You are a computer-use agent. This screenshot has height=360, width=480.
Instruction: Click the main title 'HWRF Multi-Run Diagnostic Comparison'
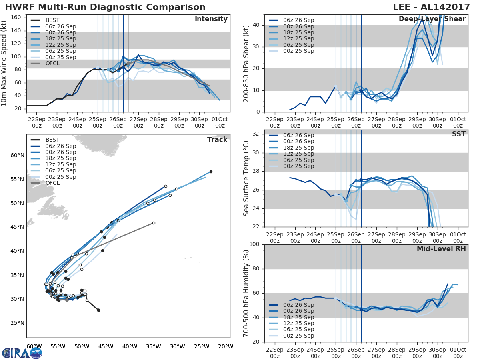point(105,7)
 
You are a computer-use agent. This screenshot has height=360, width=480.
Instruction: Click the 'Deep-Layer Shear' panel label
point(432,19)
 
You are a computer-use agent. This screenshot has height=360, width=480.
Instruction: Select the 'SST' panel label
point(458,134)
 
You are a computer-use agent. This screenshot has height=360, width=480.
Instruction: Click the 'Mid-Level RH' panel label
point(441,249)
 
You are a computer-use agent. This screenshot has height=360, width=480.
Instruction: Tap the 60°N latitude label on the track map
point(17,155)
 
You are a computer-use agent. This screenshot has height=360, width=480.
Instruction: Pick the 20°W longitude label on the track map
point(226,346)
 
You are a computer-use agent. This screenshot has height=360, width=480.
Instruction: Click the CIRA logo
point(22,353)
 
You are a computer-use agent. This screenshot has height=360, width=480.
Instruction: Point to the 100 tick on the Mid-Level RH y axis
point(254,244)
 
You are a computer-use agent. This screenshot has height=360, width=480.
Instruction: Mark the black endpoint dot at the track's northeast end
point(211,172)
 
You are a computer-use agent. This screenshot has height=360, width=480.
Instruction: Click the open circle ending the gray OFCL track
point(154,223)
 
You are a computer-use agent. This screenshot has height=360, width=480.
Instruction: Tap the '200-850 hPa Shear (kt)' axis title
point(246,63)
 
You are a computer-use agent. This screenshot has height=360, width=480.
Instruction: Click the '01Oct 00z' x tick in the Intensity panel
point(220,123)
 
